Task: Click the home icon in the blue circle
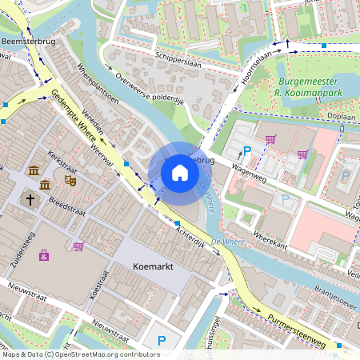click(x=180, y=172)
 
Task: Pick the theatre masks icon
click(x=70, y=182)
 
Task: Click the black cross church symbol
click(x=30, y=198)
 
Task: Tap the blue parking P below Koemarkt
click(x=161, y=341)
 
